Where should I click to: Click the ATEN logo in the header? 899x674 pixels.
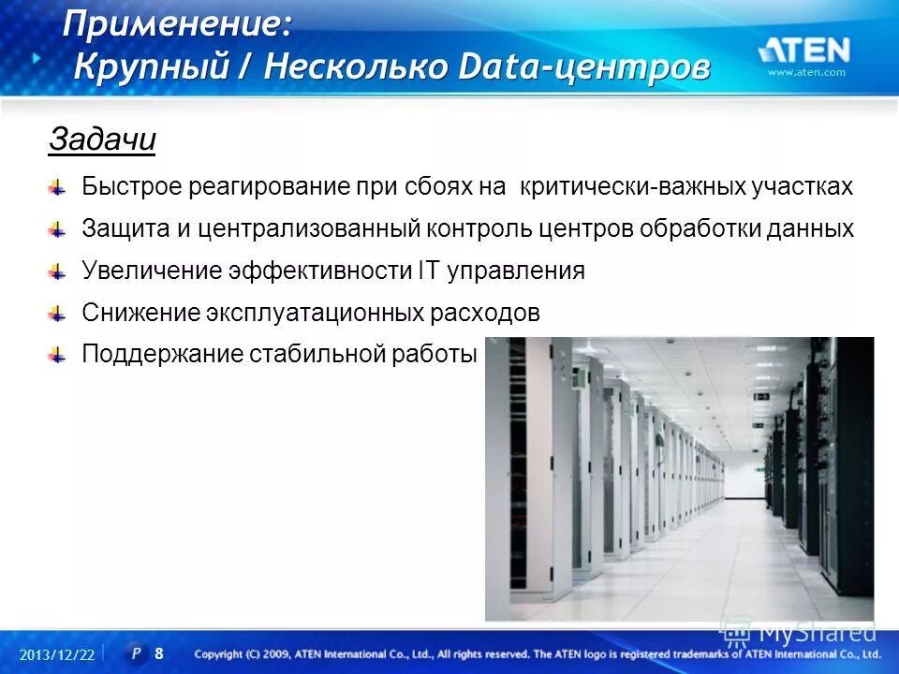point(804,50)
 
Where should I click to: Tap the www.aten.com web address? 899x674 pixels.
point(806,72)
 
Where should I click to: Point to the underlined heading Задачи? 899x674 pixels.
point(101,140)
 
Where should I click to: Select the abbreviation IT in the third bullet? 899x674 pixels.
point(426,271)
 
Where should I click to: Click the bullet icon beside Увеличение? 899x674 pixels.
point(58,271)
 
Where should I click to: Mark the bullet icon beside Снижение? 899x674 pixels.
point(58,314)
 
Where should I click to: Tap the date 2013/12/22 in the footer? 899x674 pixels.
point(57,654)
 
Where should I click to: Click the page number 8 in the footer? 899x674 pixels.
point(159,653)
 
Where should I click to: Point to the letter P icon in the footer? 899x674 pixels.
point(137,653)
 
